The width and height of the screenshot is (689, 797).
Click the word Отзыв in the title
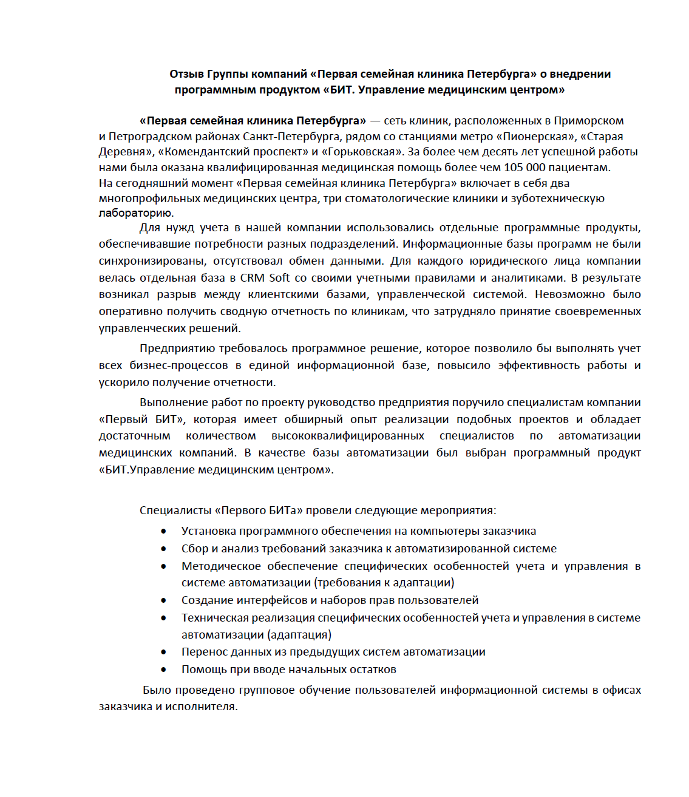click(x=186, y=74)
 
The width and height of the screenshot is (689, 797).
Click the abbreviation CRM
click(x=252, y=278)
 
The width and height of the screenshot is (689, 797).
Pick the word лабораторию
click(x=136, y=213)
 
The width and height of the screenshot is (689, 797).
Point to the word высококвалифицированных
click(x=348, y=436)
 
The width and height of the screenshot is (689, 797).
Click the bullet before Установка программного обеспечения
click(x=164, y=531)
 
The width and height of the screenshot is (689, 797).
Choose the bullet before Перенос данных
click(x=164, y=652)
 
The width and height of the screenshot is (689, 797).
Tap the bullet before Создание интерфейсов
click(x=164, y=600)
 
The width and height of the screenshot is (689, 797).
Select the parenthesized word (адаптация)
click(x=299, y=635)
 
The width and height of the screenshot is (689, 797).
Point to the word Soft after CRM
click(x=279, y=278)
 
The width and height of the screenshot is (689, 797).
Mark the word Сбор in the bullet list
click(x=194, y=549)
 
